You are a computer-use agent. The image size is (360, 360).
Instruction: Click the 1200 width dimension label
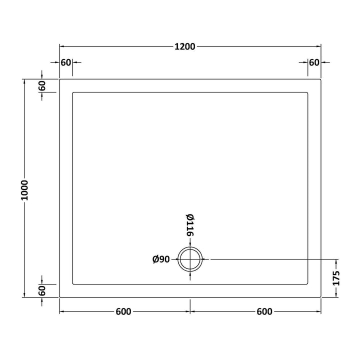pos(185,46)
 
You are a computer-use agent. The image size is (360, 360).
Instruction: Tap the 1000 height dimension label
pos(24,190)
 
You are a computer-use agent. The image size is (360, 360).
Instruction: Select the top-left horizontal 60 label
pos(66,62)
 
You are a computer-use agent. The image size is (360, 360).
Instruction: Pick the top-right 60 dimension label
pos(314,62)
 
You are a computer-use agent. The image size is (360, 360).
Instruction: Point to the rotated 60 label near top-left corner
pos(42,85)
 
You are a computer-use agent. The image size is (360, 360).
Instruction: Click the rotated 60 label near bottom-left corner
pos(42,290)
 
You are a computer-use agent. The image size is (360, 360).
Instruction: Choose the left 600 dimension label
pos(123,311)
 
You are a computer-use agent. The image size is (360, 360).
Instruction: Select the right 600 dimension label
pos(264,311)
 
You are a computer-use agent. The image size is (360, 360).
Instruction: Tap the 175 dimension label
pos(336,278)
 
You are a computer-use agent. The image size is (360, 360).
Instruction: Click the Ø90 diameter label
pos(161,259)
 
